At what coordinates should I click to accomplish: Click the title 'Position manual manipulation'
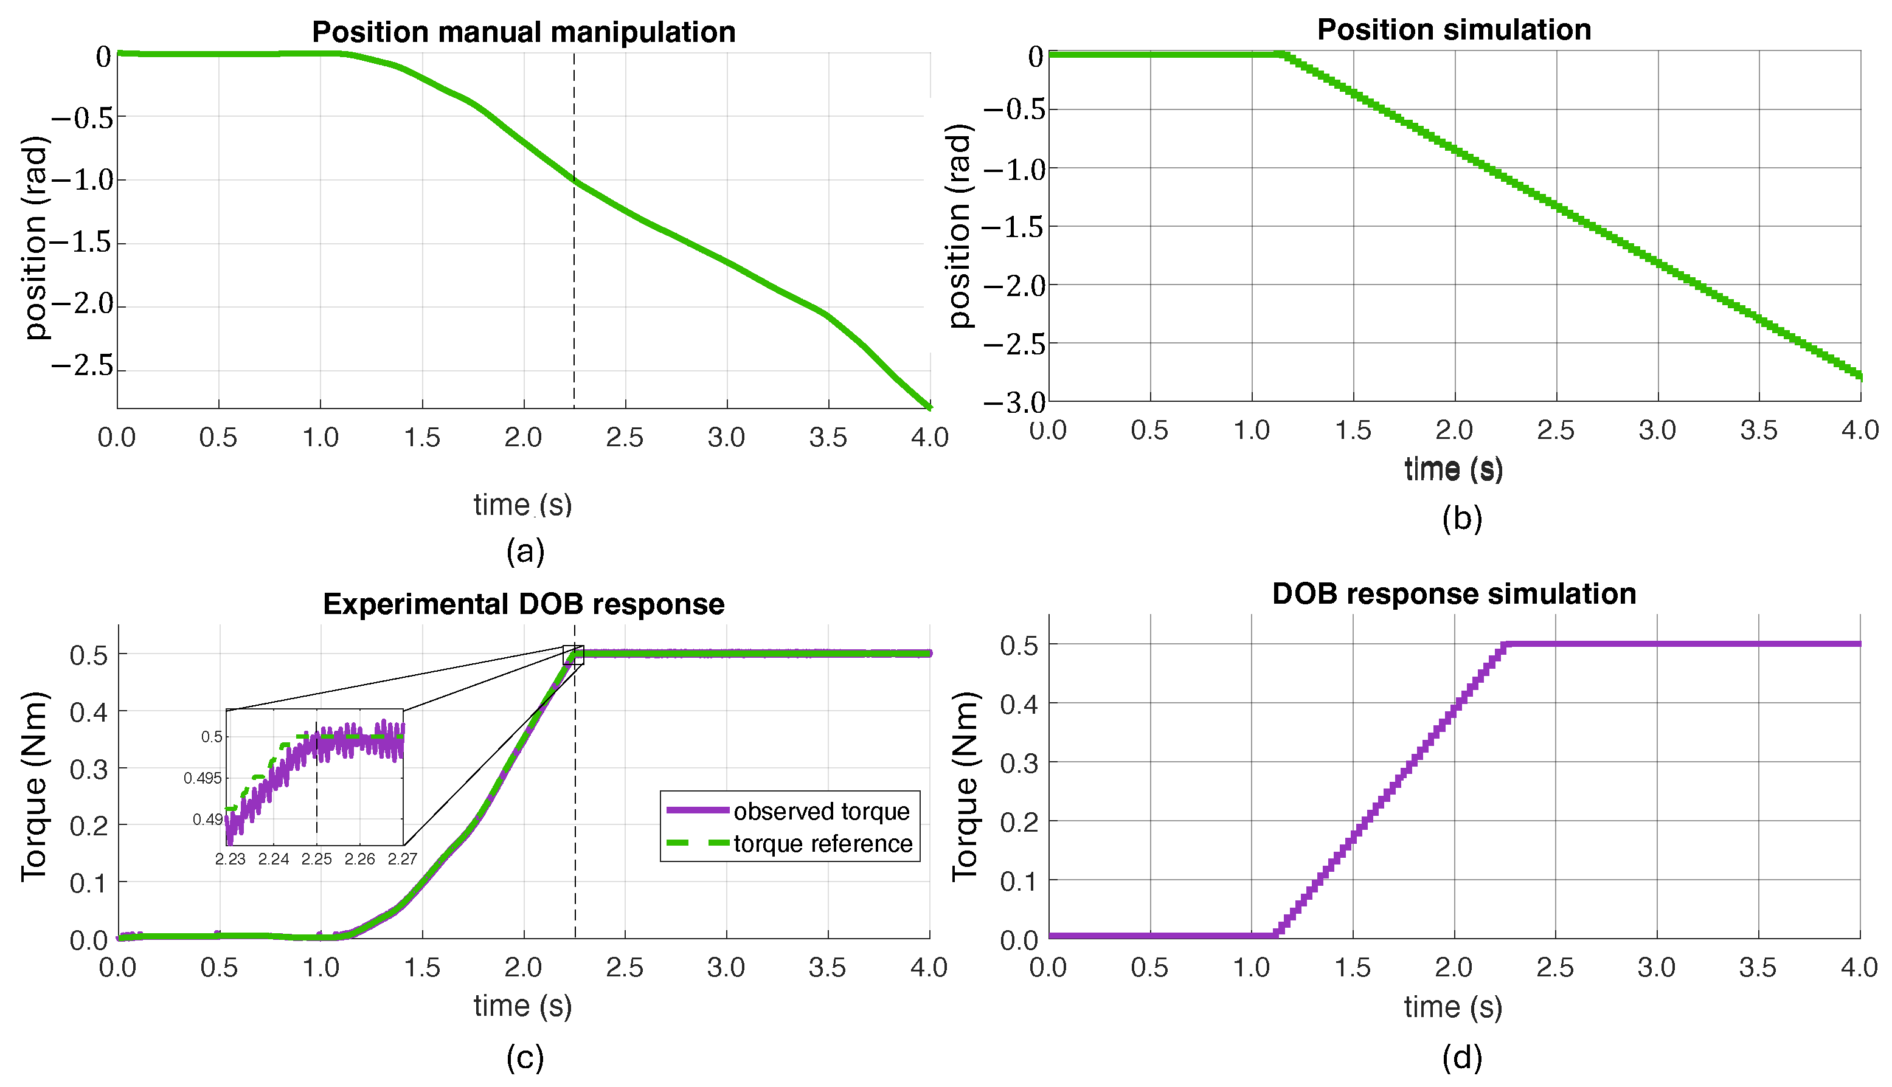point(524,32)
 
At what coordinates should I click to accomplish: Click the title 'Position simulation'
point(1454,30)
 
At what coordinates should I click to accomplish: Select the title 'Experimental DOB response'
point(524,604)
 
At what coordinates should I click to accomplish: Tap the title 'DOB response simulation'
point(1454,593)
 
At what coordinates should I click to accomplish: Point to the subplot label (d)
point(1461,1057)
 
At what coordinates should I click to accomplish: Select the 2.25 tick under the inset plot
point(317,859)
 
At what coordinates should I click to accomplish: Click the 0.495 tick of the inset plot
point(203,779)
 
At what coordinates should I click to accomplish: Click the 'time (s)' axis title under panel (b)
point(1453,469)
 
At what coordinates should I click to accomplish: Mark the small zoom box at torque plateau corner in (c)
point(573,655)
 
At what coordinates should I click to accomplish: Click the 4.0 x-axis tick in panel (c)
point(929,968)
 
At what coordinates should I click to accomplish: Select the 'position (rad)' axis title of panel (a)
point(35,238)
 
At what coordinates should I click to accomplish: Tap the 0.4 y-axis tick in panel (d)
point(1019,704)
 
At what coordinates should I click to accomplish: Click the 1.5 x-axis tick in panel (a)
point(422,438)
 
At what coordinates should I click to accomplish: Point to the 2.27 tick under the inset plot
point(403,859)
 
